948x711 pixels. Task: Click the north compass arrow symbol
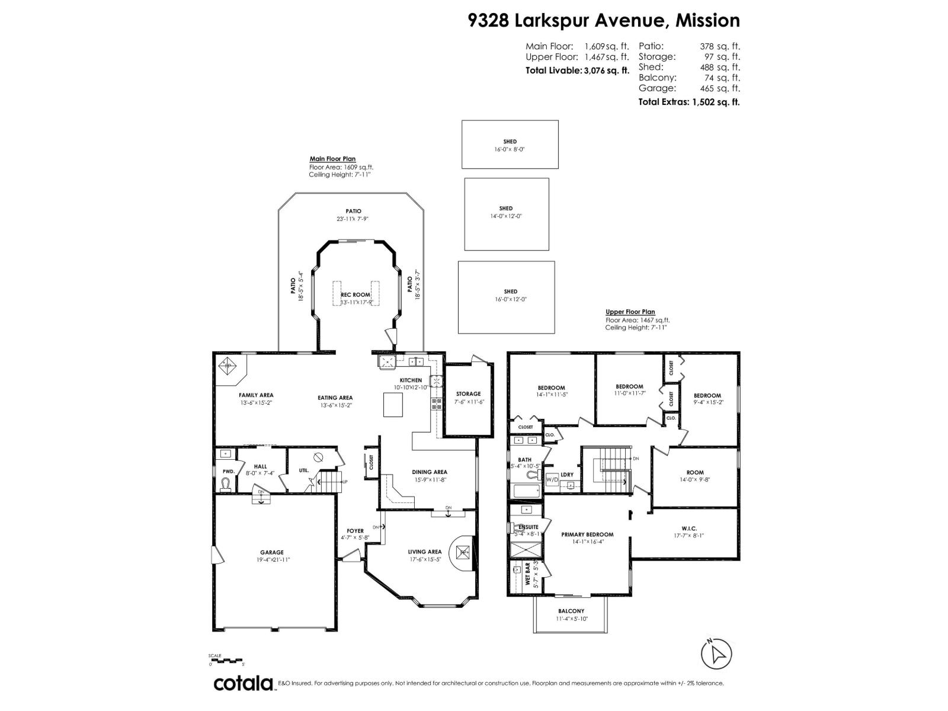point(716,654)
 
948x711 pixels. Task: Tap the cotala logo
point(243,683)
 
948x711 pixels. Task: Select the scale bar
point(226,660)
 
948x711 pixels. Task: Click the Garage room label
point(272,552)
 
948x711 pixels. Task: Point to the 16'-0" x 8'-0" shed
point(510,145)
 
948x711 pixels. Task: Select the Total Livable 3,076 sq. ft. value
point(606,71)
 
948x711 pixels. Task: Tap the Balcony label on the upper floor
point(571,611)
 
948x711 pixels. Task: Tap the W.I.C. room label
point(689,528)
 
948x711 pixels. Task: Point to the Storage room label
point(468,393)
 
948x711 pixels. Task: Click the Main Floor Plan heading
point(332,159)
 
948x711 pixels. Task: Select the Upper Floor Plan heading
point(630,312)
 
